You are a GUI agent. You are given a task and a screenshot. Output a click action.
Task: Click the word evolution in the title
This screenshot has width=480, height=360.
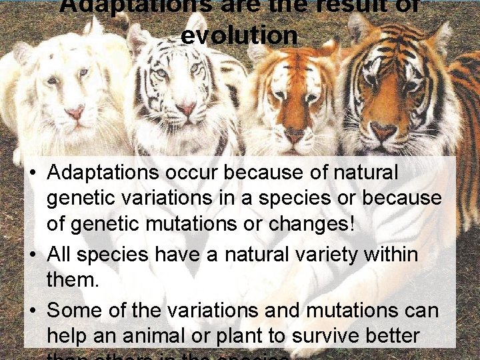click(239, 35)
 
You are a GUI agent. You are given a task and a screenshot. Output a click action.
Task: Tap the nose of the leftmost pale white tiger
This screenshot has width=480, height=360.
click(75, 114)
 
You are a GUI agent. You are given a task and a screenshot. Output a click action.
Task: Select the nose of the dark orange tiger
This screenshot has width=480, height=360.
click(383, 131)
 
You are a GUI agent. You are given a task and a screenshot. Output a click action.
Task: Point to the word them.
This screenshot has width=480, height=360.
click(73, 280)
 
